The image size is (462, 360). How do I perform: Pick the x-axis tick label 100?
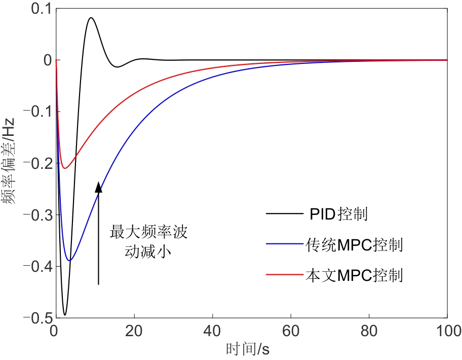[447, 330]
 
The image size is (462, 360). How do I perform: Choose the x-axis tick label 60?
[290, 330]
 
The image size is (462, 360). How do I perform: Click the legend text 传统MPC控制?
[354, 245]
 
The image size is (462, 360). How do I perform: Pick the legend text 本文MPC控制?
[354, 276]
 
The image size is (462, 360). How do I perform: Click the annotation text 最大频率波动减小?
[148, 242]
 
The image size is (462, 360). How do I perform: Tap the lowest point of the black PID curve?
[64, 315]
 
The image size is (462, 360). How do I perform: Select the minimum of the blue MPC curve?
[70, 261]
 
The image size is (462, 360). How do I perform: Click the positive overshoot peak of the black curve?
[91, 18]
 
